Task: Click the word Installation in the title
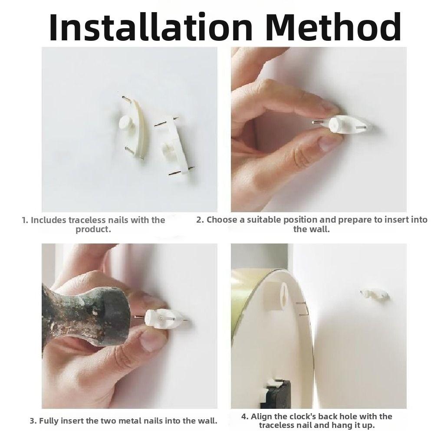[151, 26]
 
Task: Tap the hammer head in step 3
[86, 318]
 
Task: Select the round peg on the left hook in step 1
[126, 123]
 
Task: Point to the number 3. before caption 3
[33, 421]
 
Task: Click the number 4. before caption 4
[245, 417]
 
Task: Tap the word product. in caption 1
[93, 230]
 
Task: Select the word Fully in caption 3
[49, 421]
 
